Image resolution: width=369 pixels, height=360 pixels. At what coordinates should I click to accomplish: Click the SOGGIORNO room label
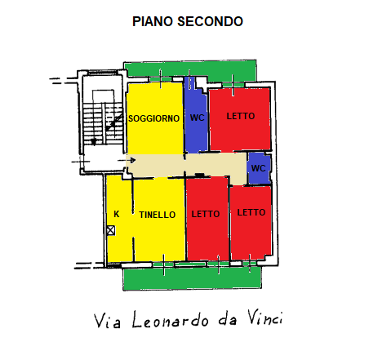click(153, 118)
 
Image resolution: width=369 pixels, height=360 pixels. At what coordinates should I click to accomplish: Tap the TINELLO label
click(158, 215)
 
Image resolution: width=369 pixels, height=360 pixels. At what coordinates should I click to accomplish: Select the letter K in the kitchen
click(117, 214)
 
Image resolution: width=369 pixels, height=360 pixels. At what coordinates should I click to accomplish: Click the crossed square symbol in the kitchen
click(110, 230)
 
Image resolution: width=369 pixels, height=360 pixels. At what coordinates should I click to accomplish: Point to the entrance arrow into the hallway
click(127, 160)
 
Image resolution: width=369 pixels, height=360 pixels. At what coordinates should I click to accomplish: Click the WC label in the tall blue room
click(197, 118)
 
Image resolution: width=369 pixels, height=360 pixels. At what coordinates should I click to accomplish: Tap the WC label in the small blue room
click(258, 168)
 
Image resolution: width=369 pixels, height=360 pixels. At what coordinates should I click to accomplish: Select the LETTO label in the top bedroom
click(241, 116)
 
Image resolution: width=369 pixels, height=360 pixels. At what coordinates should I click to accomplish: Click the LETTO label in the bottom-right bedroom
click(251, 212)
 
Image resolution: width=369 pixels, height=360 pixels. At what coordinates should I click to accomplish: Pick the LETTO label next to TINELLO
click(206, 214)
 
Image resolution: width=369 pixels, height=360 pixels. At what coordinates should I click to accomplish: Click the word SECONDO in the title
click(210, 21)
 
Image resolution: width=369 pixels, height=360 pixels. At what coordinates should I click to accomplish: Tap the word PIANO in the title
click(153, 21)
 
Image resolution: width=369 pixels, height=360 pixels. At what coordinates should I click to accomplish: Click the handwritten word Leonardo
click(171, 319)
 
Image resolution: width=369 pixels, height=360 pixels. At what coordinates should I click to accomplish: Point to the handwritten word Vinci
click(265, 318)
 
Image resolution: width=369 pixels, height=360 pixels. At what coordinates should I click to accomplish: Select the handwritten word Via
click(107, 321)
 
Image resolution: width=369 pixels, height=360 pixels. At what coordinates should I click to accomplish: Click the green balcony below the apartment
click(192, 278)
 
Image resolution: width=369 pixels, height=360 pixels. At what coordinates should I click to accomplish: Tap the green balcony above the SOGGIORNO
click(190, 69)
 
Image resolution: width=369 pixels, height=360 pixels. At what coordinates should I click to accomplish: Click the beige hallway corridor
click(188, 165)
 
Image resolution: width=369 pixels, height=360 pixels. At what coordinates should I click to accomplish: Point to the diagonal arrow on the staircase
click(114, 122)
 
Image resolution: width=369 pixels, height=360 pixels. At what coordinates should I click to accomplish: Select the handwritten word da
click(228, 319)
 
